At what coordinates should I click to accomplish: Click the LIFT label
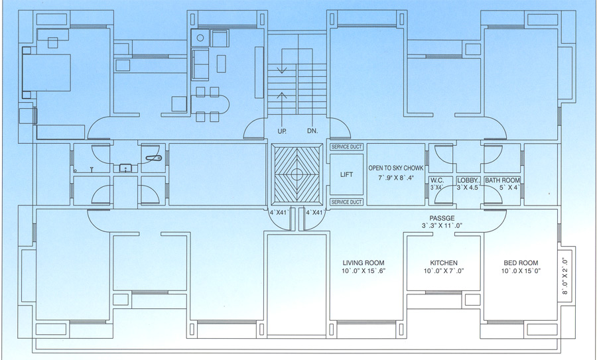346,174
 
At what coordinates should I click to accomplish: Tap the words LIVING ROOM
363,263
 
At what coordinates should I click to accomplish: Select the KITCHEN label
444,263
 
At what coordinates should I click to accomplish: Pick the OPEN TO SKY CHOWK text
395,168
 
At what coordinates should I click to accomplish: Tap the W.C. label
436,180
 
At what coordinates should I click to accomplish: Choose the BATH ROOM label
502,180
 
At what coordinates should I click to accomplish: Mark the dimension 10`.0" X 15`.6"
363,272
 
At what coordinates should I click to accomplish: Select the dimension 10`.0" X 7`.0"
444,272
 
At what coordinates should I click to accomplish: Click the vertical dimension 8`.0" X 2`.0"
566,275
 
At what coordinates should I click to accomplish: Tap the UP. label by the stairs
282,131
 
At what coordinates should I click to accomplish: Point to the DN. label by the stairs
312,131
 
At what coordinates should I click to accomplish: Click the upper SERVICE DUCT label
346,147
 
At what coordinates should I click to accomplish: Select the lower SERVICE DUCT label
346,202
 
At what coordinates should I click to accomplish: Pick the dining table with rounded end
210,105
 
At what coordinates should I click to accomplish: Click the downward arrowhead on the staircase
282,69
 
